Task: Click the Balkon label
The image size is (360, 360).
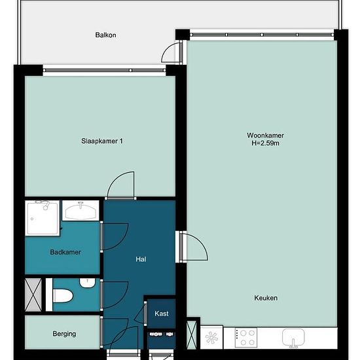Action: tap(105, 35)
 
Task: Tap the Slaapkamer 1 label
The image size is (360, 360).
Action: tap(102, 141)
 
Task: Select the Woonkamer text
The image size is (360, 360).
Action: tap(265, 135)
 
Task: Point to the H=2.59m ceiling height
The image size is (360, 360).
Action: tap(265, 143)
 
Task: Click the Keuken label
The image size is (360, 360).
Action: tap(266, 298)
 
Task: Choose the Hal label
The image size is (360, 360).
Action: tap(141, 259)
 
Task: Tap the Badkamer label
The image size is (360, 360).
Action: tap(65, 252)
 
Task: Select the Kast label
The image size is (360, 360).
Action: tap(162, 314)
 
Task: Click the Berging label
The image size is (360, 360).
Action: tap(64, 334)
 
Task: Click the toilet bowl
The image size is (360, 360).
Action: tap(63, 296)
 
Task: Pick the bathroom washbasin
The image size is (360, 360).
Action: tap(81, 211)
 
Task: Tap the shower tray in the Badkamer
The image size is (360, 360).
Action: tap(43, 218)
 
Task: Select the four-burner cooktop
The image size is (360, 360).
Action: tap(246, 338)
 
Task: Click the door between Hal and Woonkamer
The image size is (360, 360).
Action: tap(194, 246)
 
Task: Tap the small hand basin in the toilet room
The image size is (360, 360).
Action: tap(87, 283)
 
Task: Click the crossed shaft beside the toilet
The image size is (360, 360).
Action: tap(33, 295)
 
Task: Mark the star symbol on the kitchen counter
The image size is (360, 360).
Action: tap(211, 338)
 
